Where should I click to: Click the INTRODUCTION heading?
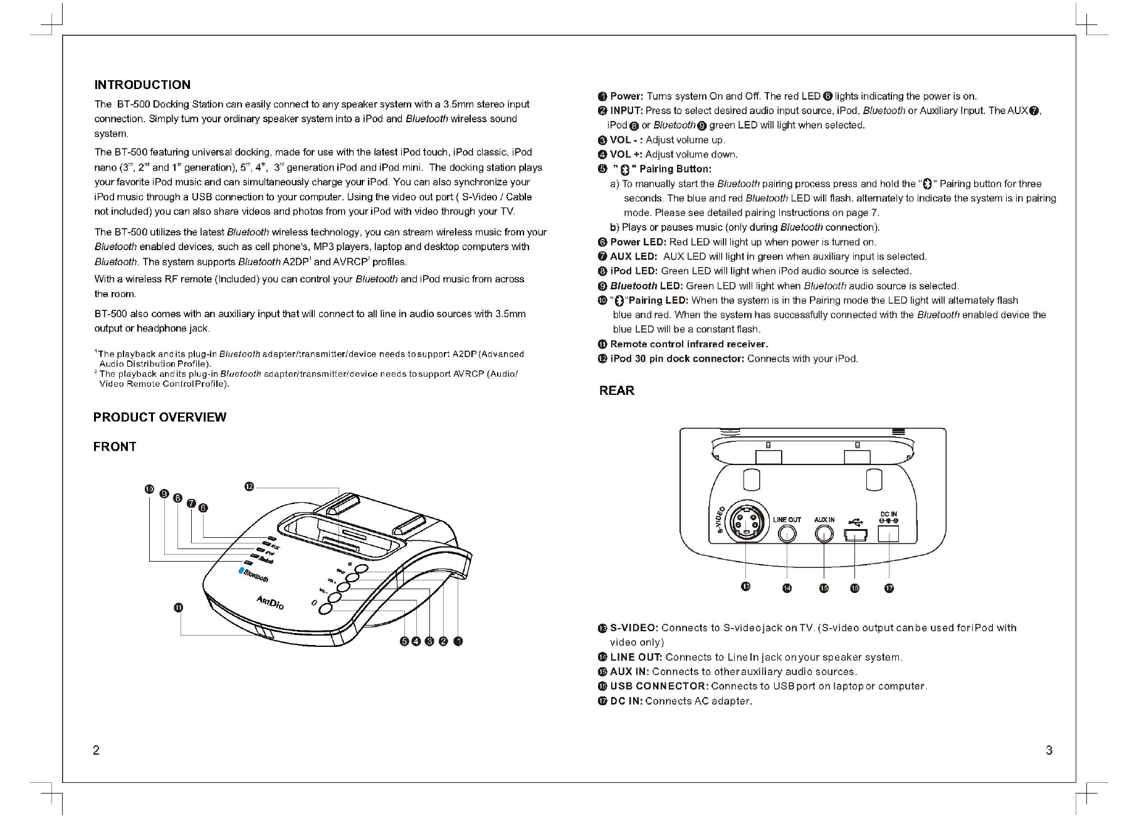coord(142,85)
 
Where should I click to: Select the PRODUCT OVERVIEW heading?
coord(160,417)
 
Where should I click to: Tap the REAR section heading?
coord(617,391)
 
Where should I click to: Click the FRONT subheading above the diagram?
coord(115,447)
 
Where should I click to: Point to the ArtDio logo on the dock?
coord(270,602)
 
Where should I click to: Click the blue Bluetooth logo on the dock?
coord(254,574)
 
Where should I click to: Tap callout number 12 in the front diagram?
coord(249,486)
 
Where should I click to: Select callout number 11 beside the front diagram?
coord(178,607)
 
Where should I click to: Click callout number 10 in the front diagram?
coord(149,489)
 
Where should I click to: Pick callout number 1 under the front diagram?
coord(458,641)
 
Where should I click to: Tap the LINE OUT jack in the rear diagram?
coord(787,533)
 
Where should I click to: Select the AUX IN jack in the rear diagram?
coord(824,533)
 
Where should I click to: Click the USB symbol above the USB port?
coord(854,520)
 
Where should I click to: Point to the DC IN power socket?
coord(889,533)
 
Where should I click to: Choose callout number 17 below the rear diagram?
coord(889,588)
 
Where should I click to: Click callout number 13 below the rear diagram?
coord(745,587)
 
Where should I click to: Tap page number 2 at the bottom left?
coord(96,750)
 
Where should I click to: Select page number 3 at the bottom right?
coord(1049,750)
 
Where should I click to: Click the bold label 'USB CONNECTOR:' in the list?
coord(659,686)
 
